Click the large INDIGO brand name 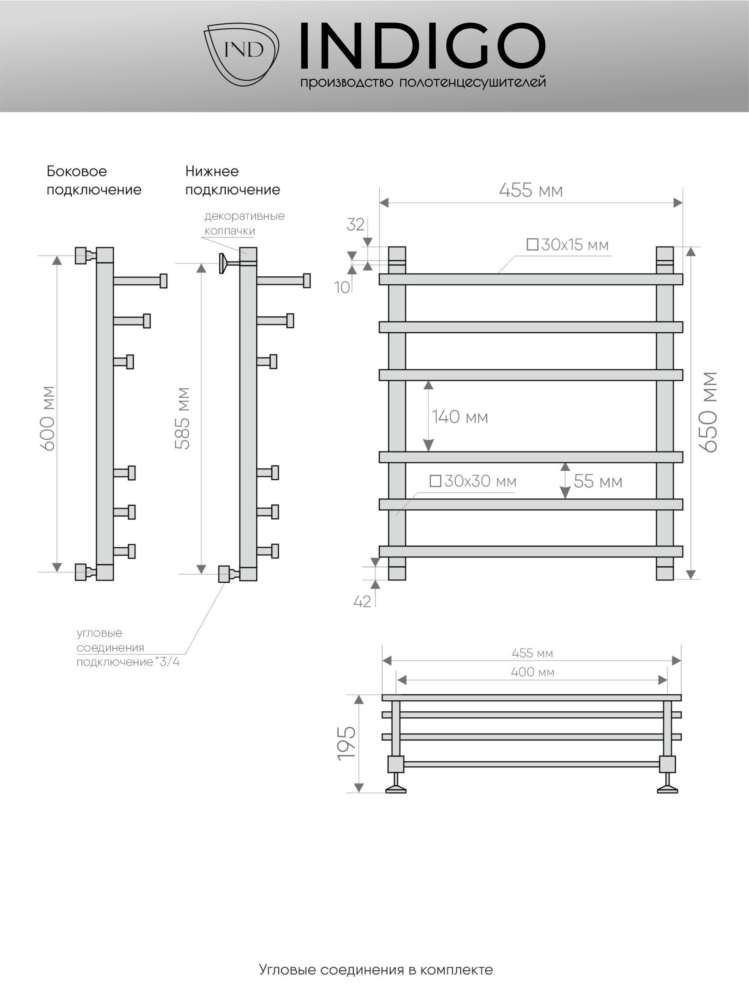pos(423,46)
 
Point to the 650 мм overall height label pos(708,412)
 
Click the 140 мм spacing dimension pos(460,417)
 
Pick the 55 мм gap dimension pos(598,481)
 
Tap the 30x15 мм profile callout pos(568,245)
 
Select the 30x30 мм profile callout pos(473,481)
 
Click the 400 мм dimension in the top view pos(532,672)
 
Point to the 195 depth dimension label pos(347,743)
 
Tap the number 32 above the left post pos(355,224)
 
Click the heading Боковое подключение pos(94,180)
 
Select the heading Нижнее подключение pos(232,180)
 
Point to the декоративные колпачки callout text pos(244,223)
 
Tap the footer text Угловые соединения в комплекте pos(376,970)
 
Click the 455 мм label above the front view pos(531,190)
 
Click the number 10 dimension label pos(342,287)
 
